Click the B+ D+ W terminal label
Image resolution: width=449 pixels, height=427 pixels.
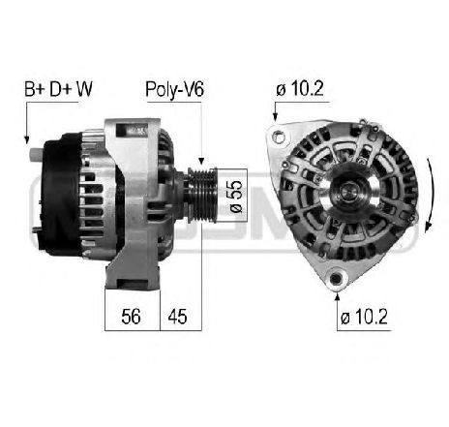58,89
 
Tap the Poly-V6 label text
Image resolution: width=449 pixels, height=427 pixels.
174,89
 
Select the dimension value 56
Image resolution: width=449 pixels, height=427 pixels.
131,316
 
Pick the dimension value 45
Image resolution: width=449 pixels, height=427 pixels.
177,317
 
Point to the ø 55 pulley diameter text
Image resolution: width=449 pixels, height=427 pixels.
236,196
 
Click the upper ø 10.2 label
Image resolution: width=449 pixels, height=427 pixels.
300,88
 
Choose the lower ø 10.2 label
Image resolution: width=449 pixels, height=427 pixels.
364,317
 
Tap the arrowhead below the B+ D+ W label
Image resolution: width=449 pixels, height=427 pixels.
27,139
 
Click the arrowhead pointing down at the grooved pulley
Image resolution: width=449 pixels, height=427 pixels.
201,161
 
